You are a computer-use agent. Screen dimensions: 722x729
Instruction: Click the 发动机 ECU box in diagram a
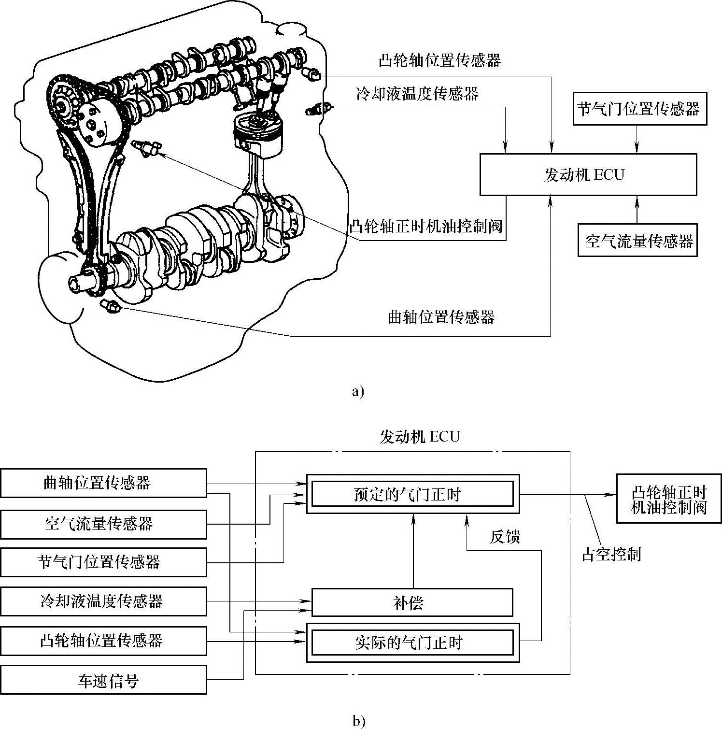588,174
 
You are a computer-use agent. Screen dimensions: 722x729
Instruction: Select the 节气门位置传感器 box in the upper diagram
639,109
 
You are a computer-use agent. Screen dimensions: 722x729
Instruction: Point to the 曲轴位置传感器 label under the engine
441,317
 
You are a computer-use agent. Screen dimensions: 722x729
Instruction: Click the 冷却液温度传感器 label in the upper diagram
417,93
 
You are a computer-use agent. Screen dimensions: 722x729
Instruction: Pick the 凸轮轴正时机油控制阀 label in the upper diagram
426,226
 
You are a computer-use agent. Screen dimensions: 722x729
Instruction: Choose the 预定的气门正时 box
413,494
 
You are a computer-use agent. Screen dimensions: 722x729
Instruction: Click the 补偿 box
412,602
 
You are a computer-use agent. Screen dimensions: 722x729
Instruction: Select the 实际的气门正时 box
413,643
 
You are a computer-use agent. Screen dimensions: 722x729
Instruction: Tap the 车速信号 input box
103,680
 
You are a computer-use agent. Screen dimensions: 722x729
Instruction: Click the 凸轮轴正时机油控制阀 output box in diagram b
669,500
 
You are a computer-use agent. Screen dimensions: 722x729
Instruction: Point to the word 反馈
505,537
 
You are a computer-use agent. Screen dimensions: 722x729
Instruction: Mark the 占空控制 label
611,555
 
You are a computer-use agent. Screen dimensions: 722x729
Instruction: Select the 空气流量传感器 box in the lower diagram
103,524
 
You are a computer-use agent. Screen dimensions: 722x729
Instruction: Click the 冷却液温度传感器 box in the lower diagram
103,601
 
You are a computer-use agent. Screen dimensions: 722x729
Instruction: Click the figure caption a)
358,391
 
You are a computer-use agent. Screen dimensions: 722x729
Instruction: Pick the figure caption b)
358,722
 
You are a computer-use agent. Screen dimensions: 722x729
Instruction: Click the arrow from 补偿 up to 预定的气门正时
413,551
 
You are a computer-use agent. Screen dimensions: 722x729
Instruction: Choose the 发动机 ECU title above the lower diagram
420,437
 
